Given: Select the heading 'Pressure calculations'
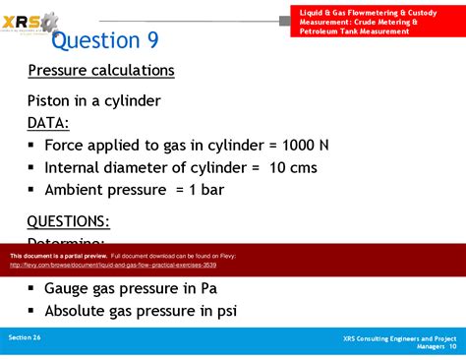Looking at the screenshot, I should click(x=101, y=71).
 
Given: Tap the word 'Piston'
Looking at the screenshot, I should click(x=50, y=100).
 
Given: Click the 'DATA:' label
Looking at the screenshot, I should click(x=48, y=122).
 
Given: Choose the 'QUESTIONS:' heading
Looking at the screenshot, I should click(x=68, y=221).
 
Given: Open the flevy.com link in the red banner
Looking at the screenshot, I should click(x=113, y=265).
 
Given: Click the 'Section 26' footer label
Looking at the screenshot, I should click(x=25, y=337).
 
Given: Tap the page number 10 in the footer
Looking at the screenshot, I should click(x=452, y=346).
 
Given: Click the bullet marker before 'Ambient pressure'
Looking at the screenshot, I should click(x=32, y=190).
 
